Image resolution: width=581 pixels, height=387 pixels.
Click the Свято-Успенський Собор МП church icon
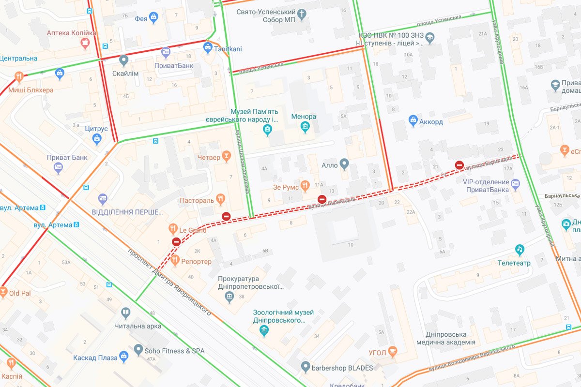pos(302,15)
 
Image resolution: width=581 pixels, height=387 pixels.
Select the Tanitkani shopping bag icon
pos(208,47)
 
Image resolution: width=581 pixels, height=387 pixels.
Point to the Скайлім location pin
pos(124,60)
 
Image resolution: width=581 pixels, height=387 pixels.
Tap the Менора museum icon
pos(305,128)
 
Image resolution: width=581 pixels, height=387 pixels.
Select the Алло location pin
pos(344,164)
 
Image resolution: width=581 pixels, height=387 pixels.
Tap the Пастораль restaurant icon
pos(221,198)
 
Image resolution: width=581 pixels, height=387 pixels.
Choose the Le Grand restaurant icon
pos(172,229)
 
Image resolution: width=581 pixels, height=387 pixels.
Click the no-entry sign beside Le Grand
pos(176,242)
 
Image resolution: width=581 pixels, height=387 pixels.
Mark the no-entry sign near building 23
pos(459,165)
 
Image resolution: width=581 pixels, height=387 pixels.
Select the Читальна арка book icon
pos(126,313)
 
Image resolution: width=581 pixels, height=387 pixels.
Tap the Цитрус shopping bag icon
pos(97,140)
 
